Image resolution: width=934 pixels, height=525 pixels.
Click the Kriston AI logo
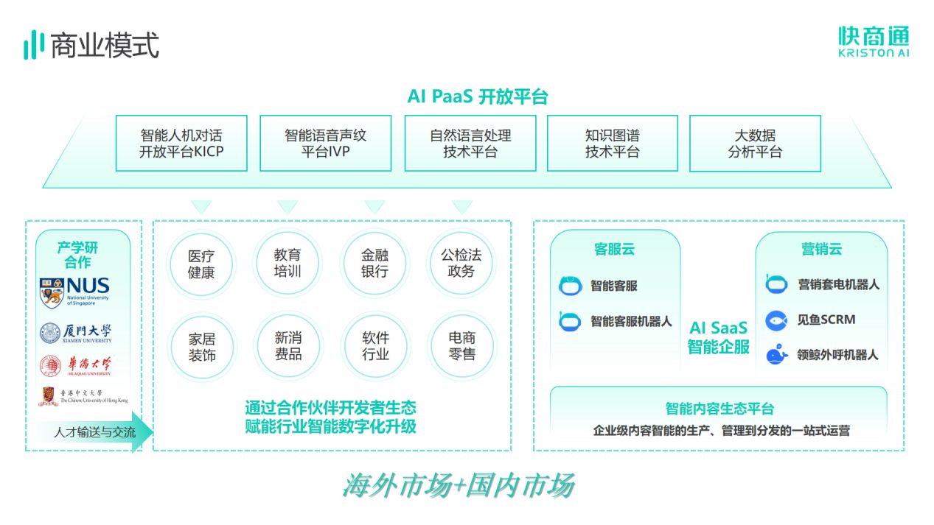(x=873, y=41)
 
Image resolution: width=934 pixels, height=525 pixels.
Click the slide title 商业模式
(x=104, y=46)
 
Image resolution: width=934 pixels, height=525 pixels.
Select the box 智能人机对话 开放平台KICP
(x=181, y=144)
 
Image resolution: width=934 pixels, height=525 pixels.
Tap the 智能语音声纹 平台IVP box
(x=325, y=144)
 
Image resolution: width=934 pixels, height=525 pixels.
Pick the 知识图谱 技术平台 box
(x=612, y=144)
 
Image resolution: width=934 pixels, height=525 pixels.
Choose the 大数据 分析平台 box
(x=755, y=144)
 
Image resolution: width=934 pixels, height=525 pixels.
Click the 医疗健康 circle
(x=201, y=263)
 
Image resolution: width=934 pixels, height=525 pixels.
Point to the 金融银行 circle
(x=374, y=263)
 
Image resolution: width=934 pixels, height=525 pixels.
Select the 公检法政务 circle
(x=461, y=263)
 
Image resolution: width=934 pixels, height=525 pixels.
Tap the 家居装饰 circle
(x=201, y=347)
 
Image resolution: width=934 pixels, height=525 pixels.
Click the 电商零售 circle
(x=461, y=347)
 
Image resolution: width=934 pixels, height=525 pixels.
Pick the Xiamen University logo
(x=76, y=333)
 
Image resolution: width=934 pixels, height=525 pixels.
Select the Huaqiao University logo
(x=76, y=364)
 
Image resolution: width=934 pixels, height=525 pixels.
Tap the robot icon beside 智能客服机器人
(x=569, y=321)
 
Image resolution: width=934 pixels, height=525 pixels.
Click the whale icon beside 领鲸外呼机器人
(x=777, y=355)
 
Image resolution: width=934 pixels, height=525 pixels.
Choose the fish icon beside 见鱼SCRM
(x=777, y=320)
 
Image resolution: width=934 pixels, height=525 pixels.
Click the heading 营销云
(x=821, y=249)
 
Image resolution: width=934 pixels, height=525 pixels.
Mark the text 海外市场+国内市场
(x=459, y=486)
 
